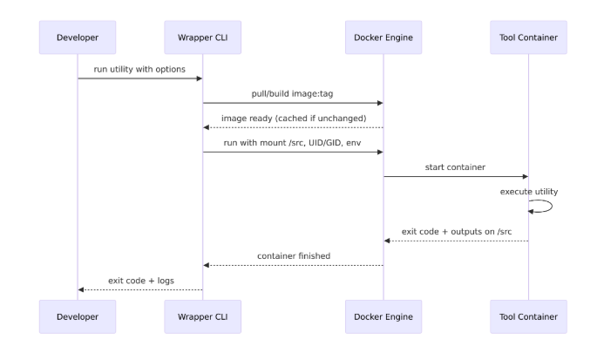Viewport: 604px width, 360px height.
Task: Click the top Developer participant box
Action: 78,37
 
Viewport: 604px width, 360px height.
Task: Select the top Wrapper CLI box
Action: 202,37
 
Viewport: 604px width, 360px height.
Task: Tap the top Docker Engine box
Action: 383,37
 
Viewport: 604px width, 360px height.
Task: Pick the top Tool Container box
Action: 528,37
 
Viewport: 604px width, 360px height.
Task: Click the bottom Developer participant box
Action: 78,316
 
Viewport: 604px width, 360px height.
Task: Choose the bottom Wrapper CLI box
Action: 202,316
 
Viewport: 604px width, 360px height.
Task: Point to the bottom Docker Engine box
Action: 383,316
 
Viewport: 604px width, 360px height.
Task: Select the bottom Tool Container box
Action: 528,316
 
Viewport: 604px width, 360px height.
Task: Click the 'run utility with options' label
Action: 139,69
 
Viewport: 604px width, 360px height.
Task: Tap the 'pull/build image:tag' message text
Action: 293,93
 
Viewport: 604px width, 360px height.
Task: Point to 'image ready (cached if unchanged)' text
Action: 293,118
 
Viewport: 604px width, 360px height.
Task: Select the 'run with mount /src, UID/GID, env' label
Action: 293,142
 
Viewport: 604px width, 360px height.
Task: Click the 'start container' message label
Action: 456,166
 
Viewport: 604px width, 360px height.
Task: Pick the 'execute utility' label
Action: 529,191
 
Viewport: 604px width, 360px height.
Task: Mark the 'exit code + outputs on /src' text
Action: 456,231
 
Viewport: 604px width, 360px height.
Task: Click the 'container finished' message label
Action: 293,255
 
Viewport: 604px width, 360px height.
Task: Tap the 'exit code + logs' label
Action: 139,280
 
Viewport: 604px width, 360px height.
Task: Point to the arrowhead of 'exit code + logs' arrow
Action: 82,289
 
